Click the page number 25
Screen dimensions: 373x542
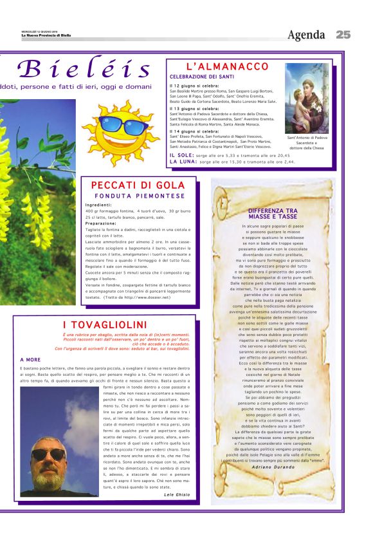click(x=343, y=35)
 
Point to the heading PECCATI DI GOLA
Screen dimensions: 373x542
click(x=140, y=185)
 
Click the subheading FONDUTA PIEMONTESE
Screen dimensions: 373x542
click(x=140, y=196)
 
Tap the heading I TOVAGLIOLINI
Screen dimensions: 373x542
click(x=105, y=324)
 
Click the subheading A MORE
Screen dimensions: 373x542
click(x=30, y=359)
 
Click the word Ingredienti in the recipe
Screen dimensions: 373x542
click(x=98, y=205)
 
